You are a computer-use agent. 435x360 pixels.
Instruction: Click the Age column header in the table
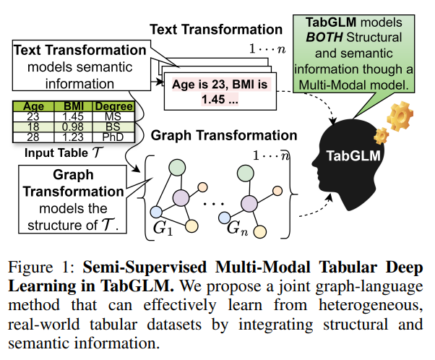pos(34,105)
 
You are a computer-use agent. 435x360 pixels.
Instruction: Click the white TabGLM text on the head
pos(352,155)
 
